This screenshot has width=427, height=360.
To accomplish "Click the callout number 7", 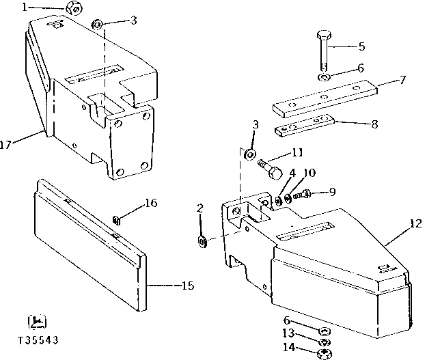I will pyautogui.click(x=402, y=80).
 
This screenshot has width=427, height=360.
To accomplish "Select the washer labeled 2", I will pyautogui.click(x=202, y=240).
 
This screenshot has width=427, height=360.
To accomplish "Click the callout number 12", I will pyautogui.click(x=414, y=223).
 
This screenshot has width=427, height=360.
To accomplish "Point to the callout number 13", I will pyautogui.click(x=290, y=333).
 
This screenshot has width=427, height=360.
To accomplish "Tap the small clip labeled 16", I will pyautogui.click(x=116, y=219).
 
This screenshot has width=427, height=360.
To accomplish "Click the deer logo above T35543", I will pyautogui.click(x=38, y=321).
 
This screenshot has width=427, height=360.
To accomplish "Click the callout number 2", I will pyautogui.click(x=199, y=208).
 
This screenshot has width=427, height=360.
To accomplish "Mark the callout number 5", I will pyautogui.click(x=361, y=46).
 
